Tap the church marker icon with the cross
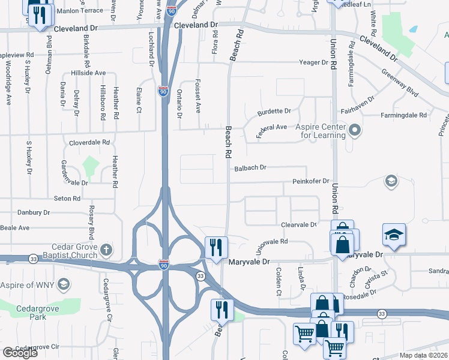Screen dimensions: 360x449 106,249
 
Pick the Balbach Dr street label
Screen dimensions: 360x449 250,168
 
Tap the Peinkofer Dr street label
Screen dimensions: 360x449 311,181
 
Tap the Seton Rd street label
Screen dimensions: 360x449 67,198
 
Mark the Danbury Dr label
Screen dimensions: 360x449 34,212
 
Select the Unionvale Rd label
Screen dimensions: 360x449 273,244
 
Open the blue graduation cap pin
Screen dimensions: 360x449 394,235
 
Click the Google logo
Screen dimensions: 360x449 20,353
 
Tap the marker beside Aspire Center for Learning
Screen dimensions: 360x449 355,129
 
